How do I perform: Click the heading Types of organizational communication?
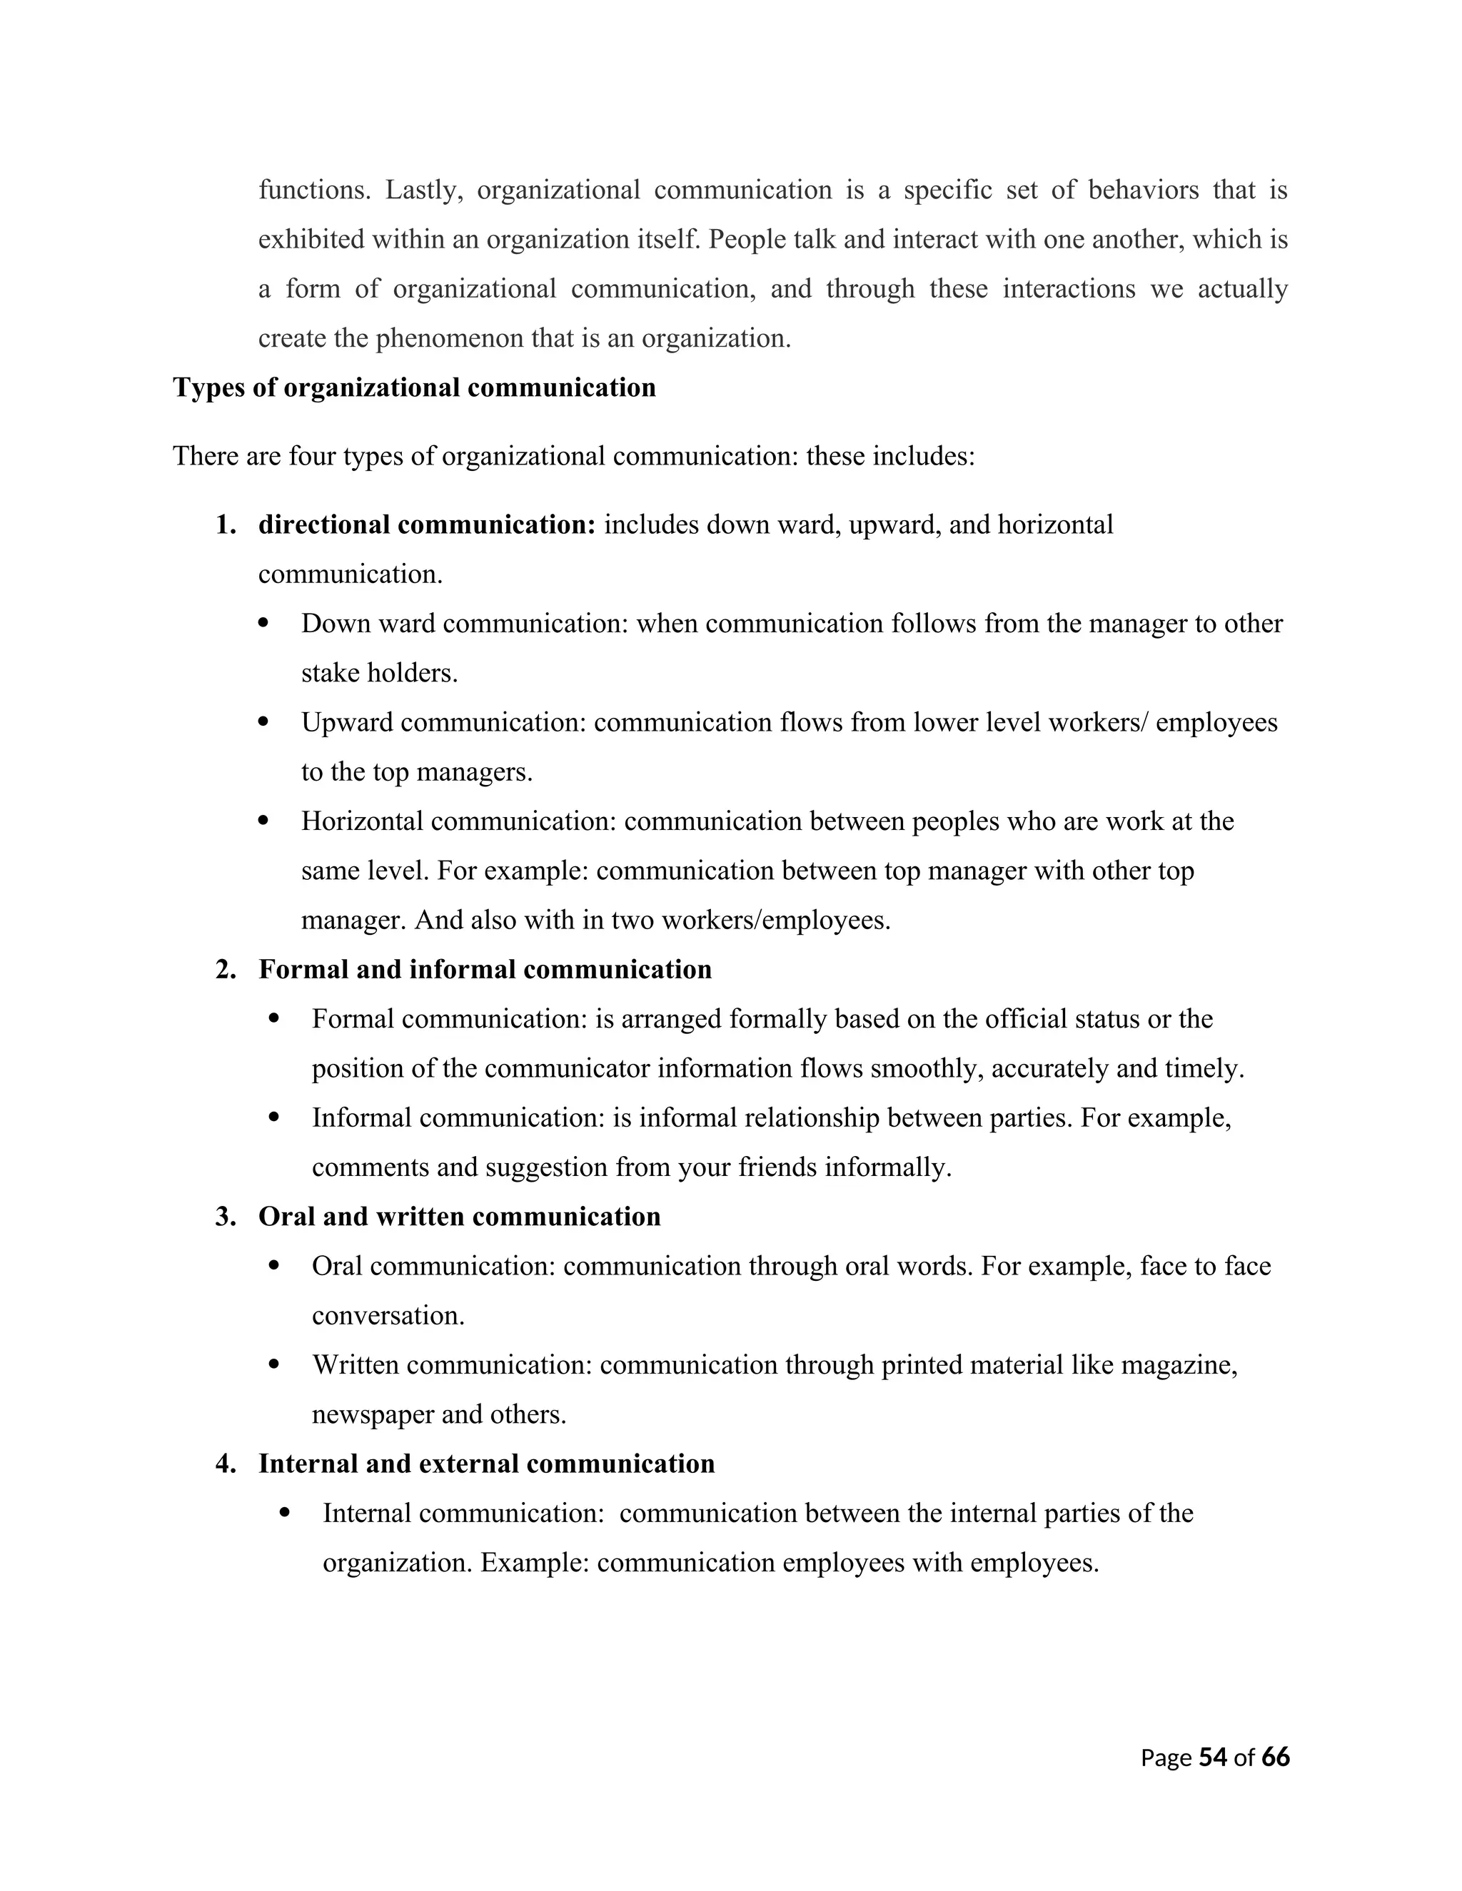[414, 387]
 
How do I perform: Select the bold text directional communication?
[427, 524]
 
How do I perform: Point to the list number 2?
[225, 970]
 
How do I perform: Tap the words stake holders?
[379, 673]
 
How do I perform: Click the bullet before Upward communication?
[264, 721]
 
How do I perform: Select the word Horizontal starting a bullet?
[362, 821]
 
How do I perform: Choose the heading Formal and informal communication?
[485, 970]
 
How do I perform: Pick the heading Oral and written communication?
[459, 1217]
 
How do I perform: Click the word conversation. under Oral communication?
[388, 1315]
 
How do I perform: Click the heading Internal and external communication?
[487, 1464]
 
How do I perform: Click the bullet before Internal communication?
[286, 1513]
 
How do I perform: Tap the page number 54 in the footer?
[1213, 1757]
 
